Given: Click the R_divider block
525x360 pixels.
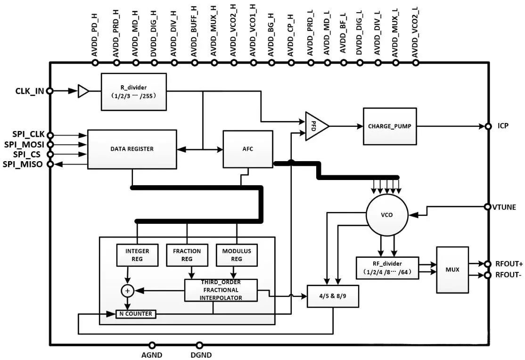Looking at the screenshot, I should (x=134, y=91).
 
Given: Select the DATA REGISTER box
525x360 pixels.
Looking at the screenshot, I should (x=132, y=149).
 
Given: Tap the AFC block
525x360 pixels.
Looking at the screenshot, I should (x=248, y=149).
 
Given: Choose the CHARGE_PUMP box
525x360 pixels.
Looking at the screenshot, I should (x=390, y=126).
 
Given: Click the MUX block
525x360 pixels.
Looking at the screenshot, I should (x=452, y=270).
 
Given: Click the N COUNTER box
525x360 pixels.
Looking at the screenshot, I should (x=136, y=314).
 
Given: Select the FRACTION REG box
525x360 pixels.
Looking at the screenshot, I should (x=187, y=255).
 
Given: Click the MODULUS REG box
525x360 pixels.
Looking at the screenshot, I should (x=236, y=255).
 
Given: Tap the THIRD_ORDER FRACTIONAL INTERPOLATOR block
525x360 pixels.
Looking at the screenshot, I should (x=221, y=290).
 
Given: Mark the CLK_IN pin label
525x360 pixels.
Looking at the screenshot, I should (x=30, y=91).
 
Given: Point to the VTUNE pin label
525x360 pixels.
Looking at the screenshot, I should (x=504, y=207).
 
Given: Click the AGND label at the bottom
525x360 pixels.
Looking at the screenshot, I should (x=152, y=355).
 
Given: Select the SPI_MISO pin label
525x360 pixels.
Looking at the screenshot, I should (x=23, y=164).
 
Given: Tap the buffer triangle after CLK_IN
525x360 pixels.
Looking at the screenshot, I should (x=83, y=91).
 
